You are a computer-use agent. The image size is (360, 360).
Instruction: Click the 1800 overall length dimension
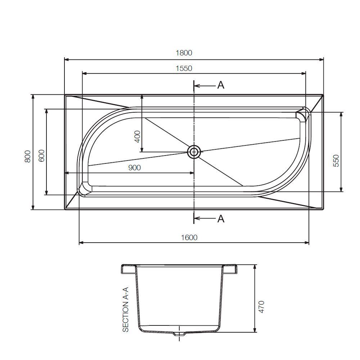point(184,53)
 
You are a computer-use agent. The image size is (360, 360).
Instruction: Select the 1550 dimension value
point(184,68)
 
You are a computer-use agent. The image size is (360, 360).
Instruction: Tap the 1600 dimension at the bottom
point(189,237)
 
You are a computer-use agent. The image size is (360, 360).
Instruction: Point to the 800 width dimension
point(27,156)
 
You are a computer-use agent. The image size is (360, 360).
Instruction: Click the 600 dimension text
point(41,156)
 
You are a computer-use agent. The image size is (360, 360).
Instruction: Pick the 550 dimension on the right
point(336,161)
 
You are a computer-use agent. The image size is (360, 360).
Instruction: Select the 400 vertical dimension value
point(137,136)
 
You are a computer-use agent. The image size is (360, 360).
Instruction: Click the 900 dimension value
point(134,167)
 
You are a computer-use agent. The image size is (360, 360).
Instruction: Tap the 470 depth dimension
point(262,307)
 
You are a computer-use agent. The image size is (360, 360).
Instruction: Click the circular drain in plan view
point(194,152)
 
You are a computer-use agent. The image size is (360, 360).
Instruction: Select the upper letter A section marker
point(221,85)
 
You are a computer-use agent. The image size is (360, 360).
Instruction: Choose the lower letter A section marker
point(221,219)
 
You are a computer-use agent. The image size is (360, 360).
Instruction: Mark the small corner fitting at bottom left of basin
point(85,188)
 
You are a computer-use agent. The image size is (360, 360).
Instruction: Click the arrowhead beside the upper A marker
point(197,86)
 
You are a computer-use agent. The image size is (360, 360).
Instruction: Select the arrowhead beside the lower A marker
point(197,218)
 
